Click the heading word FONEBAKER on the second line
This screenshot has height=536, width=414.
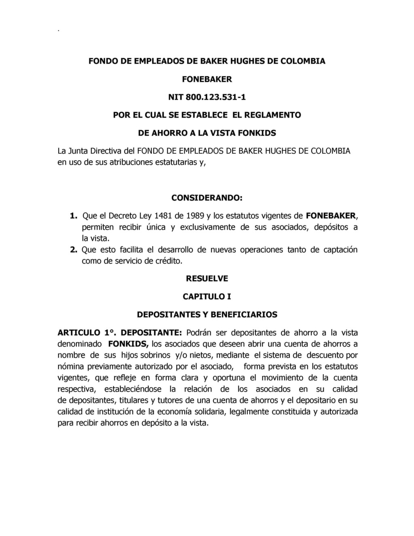tap(207, 79)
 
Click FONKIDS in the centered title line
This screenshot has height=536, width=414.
tap(257, 133)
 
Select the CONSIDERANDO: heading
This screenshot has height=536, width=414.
tap(207, 198)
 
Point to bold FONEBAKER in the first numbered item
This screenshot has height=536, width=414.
tap(331, 216)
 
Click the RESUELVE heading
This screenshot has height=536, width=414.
tap(207, 279)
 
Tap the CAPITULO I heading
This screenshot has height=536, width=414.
tap(207, 297)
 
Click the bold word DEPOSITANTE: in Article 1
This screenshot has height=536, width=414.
tap(152, 333)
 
